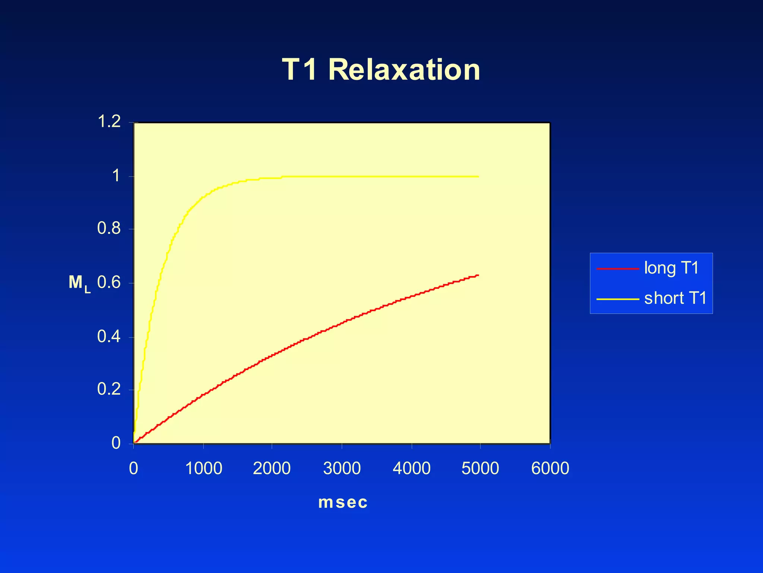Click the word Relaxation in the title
pyautogui.click(x=404, y=70)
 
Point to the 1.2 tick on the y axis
pyautogui.click(x=109, y=122)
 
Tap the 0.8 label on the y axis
pyautogui.click(x=109, y=228)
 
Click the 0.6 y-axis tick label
pyautogui.click(x=109, y=282)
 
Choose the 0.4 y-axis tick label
pyautogui.click(x=109, y=336)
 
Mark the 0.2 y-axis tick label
pyautogui.click(x=109, y=389)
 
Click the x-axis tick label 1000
pyautogui.click(x=203, y=469)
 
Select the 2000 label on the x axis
pyautogui.click(x=272, y=469)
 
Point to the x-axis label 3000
pyautogui.click(x=342, y=469)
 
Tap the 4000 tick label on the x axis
pyautogui.click(x=411, y=469)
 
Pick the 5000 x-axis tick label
pyautogui.click(x=480, y=469)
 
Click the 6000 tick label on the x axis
pyautogui.click(x=550, y=469)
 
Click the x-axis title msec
pyautogui.click(x=343, y=502)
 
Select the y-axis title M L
pyautogui.click(x=79, y=284)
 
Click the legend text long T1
pyautogui.click(x=671, y=268)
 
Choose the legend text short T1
pyautogui.click(x=675, y=298)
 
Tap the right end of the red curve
pyautogui.click(x=478, y=275)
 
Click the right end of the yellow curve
pyautogui.click(x=478, y=176)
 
